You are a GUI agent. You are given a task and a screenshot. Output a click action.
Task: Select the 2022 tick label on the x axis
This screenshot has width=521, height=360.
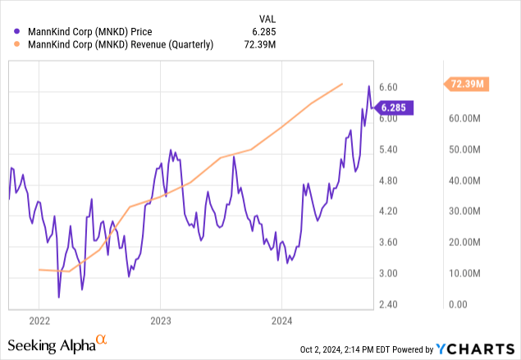(39, 321)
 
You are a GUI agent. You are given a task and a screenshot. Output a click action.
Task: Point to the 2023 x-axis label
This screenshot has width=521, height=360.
(160, 321)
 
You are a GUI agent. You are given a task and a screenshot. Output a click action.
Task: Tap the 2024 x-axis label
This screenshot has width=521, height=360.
(281, 321)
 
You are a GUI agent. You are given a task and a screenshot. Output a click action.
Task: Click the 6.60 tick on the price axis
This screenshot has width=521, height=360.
(387, 87)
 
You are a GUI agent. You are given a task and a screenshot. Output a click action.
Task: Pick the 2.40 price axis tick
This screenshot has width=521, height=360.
(387, 304)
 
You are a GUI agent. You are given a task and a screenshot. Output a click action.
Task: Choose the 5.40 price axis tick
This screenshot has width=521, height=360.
(387, 149)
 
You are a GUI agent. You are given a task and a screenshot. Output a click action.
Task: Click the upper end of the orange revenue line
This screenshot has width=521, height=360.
(342, 84)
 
